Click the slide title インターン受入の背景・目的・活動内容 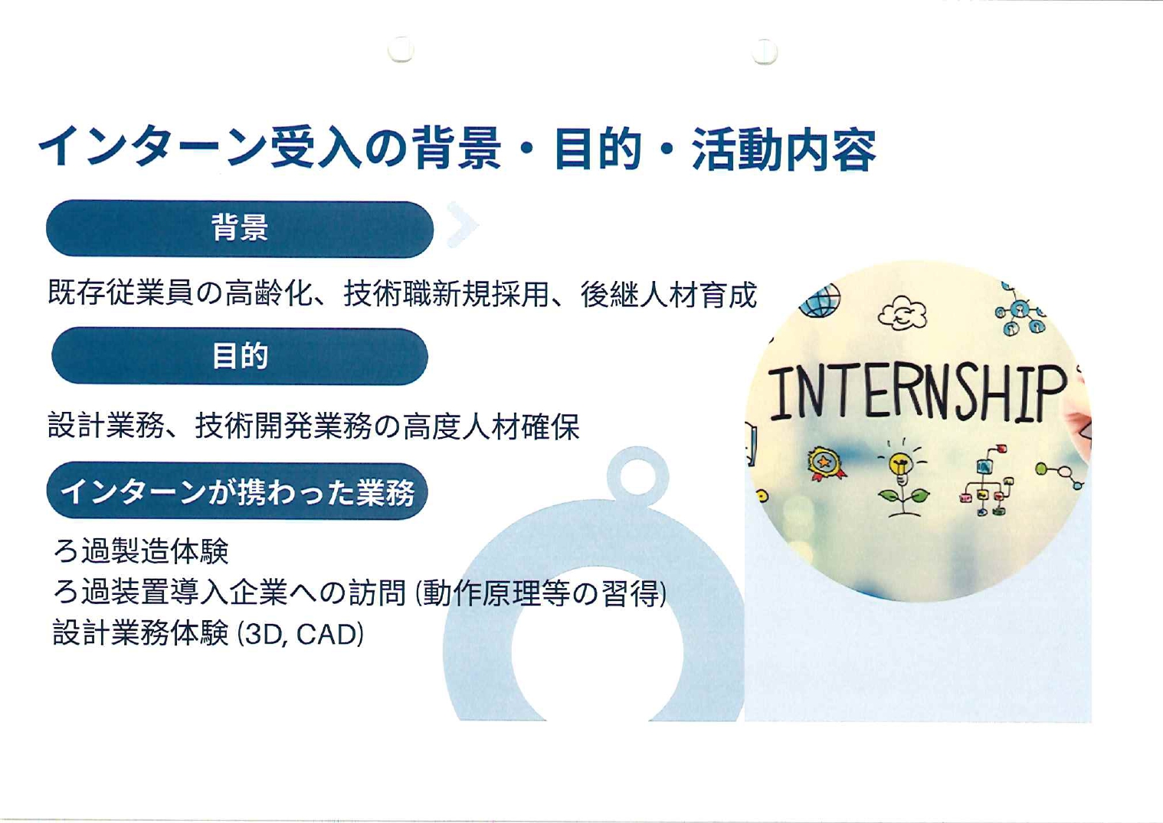[x=457, y=149]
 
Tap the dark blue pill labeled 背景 [x=240, y=228]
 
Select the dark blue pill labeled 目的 [x=240, y=356]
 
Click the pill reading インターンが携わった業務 [x=238, y=491]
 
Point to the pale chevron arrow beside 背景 [x=462, y=224]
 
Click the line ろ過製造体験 [x=141, y=551]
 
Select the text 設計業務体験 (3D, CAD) [x=208, y=633]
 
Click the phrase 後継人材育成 [x=669, y=294]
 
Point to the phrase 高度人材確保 [x=491, y=426]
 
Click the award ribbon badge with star [x=826, y=463]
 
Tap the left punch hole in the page [x=401, y=49]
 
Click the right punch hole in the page [x=765, y=51]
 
